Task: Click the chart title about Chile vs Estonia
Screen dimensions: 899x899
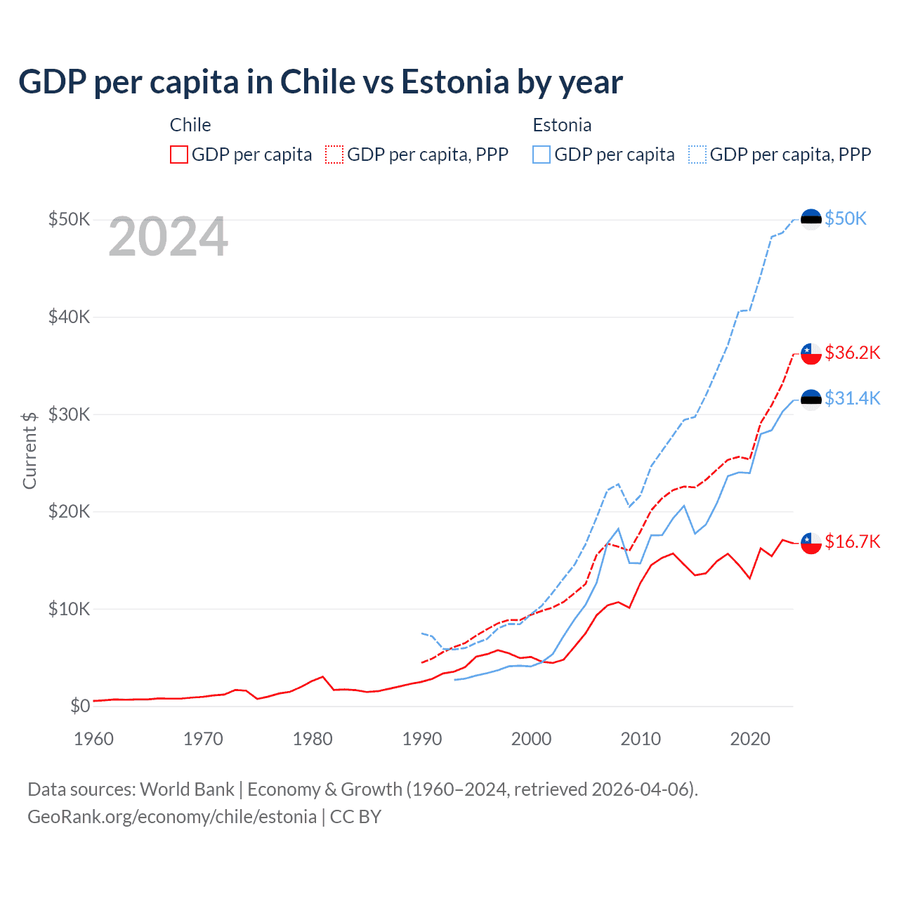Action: [320, 82]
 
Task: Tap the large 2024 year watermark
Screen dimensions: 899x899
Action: [168, 237]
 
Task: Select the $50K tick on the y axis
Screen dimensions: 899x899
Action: [69, 219]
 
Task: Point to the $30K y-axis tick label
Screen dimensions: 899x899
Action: [69, 414]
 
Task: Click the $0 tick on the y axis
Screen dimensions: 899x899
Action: [80, 706]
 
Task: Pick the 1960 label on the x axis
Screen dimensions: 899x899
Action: [93, 739]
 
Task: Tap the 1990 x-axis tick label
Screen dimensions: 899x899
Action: [422, 739]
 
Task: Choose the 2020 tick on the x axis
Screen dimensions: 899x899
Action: [750, 739]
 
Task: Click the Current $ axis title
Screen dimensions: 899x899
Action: [29, 450]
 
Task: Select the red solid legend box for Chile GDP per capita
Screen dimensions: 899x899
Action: [179, 155]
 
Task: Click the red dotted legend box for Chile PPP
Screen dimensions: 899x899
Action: [334, 155]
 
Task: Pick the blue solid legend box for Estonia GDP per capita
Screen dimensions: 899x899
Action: [542, 155]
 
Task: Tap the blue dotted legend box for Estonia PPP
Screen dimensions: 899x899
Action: [697, 155]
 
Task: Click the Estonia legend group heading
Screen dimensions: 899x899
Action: [562, 125]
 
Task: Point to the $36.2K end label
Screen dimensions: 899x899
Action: [852, 353]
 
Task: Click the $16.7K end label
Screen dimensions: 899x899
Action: [852, 542]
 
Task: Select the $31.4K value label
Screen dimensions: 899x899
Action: [852, 398]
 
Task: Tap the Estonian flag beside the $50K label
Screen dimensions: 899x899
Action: [811, 219]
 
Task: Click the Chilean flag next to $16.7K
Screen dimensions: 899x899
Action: [811, 542]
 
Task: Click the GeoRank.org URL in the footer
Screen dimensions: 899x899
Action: [172, 817]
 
